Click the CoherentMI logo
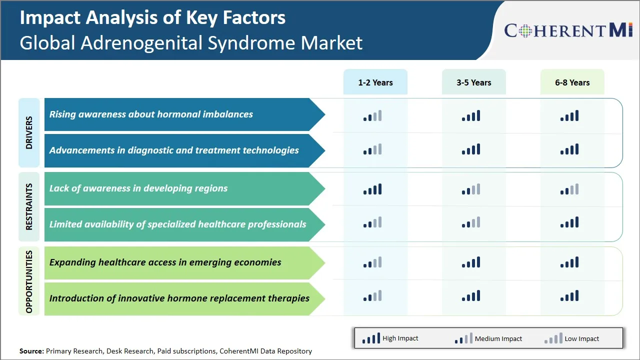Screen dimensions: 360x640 [568, 30]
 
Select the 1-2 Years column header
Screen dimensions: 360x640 [375, 82]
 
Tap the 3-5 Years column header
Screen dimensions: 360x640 [473, 82]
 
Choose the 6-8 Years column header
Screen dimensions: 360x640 [572, 82]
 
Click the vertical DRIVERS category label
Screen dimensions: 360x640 [29, 132]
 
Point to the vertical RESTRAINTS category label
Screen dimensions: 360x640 [29, 206]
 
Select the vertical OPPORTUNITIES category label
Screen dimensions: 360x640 [29, 281]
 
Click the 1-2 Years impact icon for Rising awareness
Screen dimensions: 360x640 [372, 116]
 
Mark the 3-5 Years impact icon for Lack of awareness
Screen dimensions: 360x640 [471, 189]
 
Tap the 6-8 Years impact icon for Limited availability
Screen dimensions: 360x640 [569, 222]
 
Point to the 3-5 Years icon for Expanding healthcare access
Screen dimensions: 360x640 [471, 262]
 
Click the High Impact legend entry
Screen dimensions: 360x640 [390, 338]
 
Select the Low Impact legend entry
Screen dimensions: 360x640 [572, 338]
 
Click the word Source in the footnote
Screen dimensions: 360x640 [31, 351]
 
